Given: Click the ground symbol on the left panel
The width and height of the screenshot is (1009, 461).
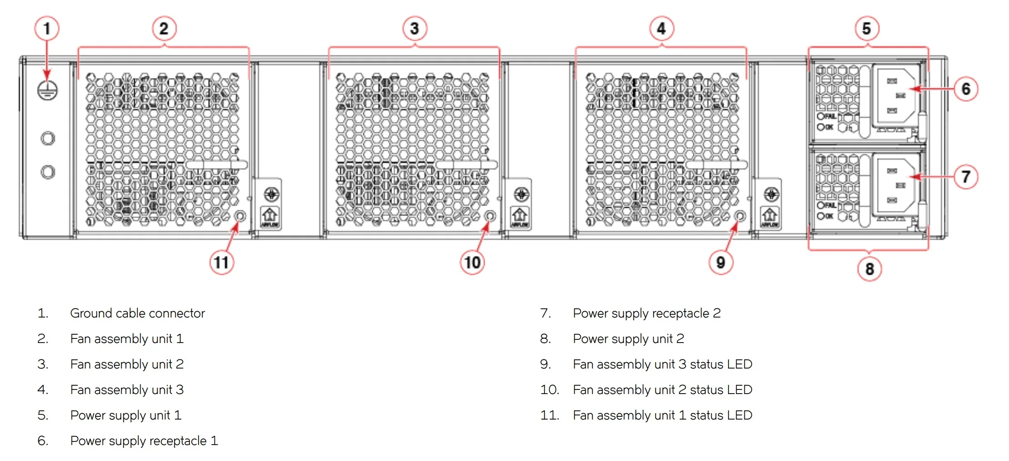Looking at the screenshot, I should point(47,90).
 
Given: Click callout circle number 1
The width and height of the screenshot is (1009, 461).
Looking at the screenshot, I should point(46,29).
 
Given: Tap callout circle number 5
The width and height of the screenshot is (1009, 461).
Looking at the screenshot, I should point(866,29).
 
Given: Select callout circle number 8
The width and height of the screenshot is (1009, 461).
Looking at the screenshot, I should point(869,269).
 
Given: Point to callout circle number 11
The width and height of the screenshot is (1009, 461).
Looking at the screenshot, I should point(221,263).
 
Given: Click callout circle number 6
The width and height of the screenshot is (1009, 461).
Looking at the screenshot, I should point(965,89).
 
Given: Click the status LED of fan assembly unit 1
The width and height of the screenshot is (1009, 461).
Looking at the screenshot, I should point(240,216).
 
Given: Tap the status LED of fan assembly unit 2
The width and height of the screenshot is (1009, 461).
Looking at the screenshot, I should point(490,215).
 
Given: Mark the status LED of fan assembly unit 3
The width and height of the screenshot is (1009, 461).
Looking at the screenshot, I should point(740,215).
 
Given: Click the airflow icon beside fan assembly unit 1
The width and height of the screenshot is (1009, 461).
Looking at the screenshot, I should point(270,217).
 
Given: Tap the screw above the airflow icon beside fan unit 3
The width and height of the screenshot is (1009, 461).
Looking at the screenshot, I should point(771,195).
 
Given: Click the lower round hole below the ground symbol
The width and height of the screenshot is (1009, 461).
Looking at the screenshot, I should point(48,172).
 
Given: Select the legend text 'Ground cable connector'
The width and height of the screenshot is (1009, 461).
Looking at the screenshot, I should point(138,313).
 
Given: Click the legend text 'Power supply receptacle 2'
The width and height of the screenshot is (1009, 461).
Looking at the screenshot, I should point(647,313).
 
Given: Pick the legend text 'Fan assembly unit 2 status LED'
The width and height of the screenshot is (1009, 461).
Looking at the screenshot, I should point(662,390).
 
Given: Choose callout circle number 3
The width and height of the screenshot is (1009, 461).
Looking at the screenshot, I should point(414,29).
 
